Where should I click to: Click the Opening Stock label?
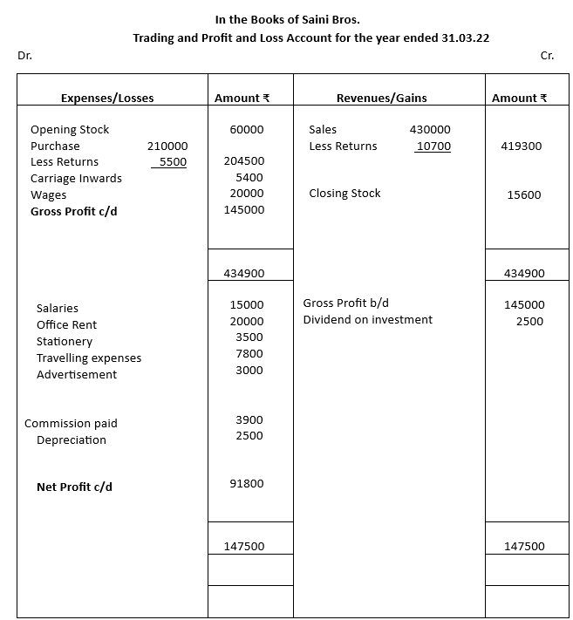(70, 130)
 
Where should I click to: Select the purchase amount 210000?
(167, 146)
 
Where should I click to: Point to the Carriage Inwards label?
(76, 179)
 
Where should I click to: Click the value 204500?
(244, 161)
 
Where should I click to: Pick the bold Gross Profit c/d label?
(73, 212)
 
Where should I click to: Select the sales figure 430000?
(430, 130)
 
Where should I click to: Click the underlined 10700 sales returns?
(433, 146)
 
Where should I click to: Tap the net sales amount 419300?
(521, 146)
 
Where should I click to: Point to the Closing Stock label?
(344, 194)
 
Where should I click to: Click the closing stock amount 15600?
(524, 195)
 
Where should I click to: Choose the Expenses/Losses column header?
(107, 99)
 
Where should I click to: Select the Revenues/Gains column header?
(381, 99)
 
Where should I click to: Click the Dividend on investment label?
(367, 320)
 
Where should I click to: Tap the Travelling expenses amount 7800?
(249, 354)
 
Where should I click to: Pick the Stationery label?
(64, 342)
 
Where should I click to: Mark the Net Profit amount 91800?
(247, 484)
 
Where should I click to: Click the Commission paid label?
(71, 424)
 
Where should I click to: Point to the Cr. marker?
(547, 56)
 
